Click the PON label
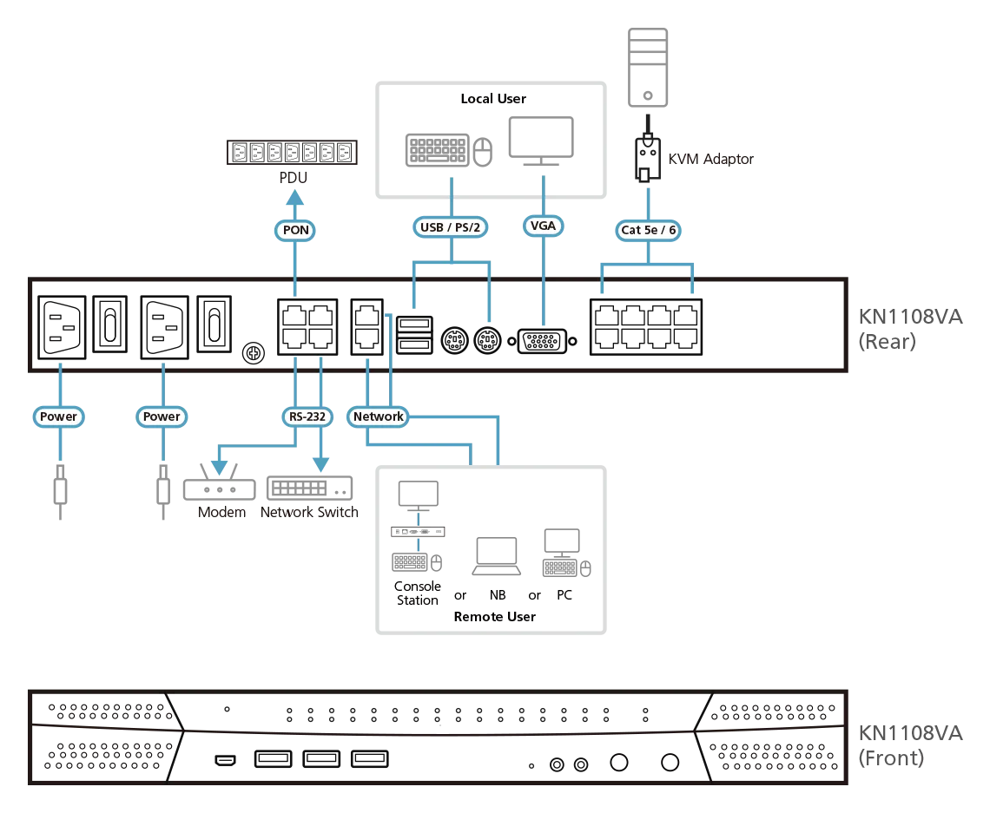point(296,231)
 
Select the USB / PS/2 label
point(450,227)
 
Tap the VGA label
point(544,226)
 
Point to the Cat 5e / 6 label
point(649,230)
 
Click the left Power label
point(58,416)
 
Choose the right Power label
point(162,416)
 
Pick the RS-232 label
point(307,417)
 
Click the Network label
point(378,416)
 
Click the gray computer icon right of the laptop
point(565,555)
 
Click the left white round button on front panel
point(618,763)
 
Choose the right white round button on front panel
point(670,763)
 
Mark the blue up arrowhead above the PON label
point(295,199)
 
